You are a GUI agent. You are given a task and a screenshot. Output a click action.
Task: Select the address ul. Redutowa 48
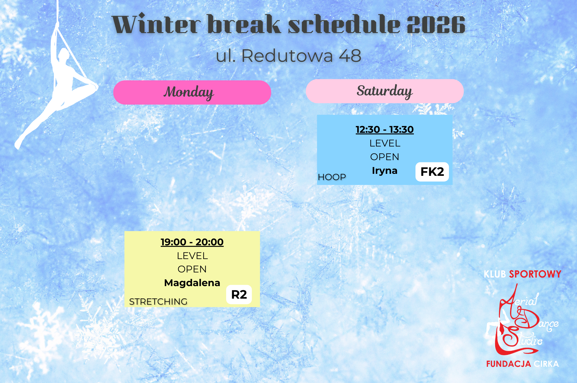point(288,56)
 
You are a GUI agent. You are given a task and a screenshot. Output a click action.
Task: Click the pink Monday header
point(192,92)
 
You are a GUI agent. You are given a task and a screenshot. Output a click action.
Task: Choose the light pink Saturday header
point(385,91)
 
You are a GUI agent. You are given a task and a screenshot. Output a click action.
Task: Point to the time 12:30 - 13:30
point(384,130)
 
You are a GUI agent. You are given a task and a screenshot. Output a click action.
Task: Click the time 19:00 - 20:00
point(192,242)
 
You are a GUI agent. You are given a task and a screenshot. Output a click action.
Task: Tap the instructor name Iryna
point(384,170)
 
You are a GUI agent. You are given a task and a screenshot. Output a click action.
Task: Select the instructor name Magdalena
point(192,283)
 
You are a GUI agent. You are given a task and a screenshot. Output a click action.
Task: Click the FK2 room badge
point(432,172)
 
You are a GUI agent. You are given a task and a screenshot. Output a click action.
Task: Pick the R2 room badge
point(239,295)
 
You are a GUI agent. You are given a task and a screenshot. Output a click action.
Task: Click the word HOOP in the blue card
point(332,177)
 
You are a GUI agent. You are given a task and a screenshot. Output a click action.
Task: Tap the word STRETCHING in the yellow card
point(158,301)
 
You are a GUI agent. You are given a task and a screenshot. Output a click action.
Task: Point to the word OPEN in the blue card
point(384,157)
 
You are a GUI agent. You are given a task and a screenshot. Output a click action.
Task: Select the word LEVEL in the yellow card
point(192,256)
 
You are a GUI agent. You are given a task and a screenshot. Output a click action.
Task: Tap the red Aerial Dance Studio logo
point(522,321)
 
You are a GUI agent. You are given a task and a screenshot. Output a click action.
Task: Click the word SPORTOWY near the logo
point(535,274)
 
